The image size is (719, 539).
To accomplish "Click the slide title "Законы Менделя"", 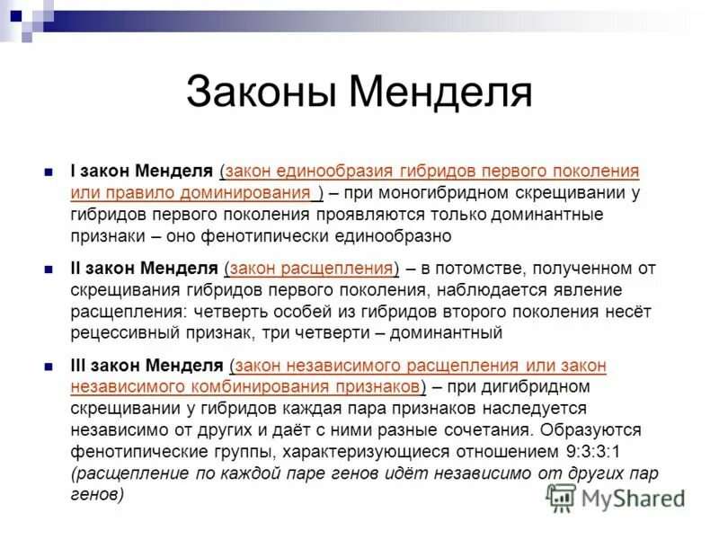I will pos(359,93).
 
